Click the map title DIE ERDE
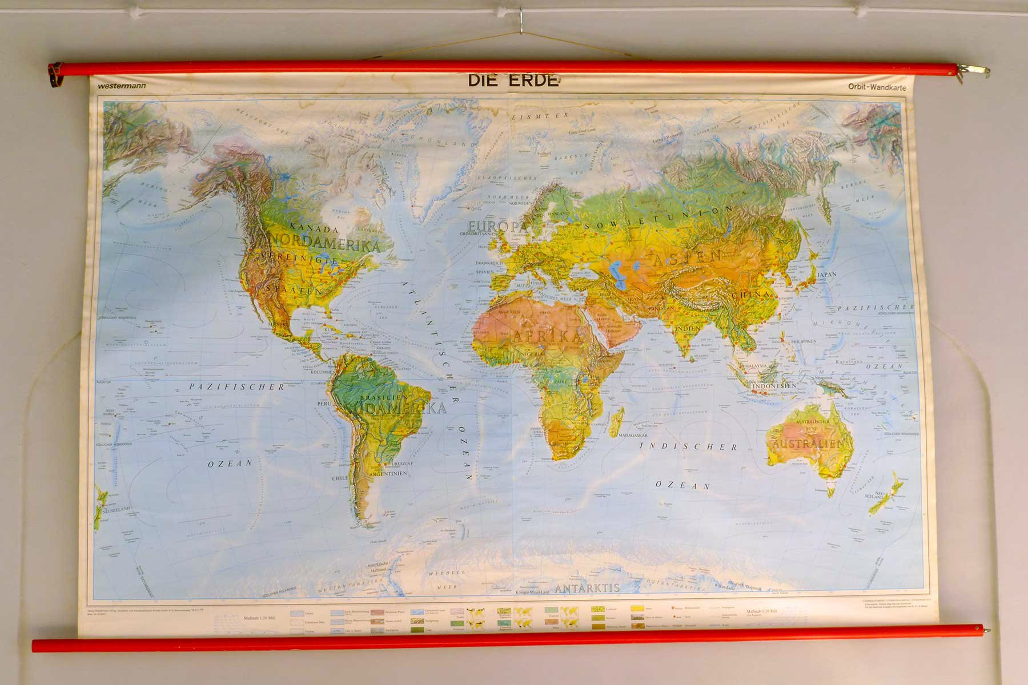pos(513,80)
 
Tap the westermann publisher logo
pos(121,86)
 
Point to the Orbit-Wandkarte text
pos(877,87)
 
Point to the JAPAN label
pos(826,275)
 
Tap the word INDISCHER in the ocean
pos(688,447)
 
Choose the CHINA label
pos(751,296)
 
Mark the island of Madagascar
pos(616,423)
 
